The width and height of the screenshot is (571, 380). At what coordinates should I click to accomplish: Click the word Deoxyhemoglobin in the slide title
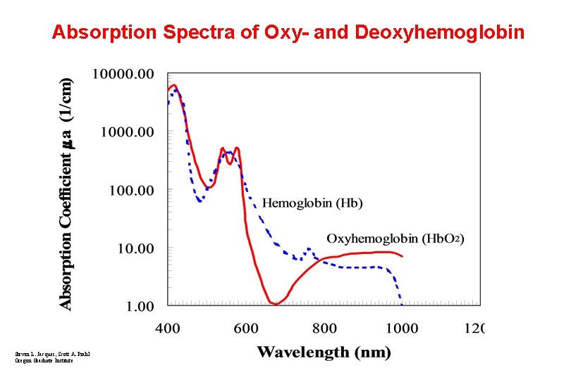pos(440,32)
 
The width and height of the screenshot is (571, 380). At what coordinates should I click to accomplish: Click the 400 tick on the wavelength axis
pos(167,328)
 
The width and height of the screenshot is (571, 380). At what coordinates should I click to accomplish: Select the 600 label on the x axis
pos(245,328)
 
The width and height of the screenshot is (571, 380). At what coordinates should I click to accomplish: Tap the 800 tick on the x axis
pos(324,328)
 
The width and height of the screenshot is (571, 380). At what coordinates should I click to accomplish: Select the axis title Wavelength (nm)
pos(324,352)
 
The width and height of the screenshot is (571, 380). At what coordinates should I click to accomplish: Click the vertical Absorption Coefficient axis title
pos(66,193)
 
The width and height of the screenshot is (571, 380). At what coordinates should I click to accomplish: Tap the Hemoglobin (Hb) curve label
pos(312,203)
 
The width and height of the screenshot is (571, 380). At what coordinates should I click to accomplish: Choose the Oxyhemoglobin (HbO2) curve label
pos(395,239)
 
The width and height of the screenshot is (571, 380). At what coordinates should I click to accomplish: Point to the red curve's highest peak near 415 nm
pos(174,86)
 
